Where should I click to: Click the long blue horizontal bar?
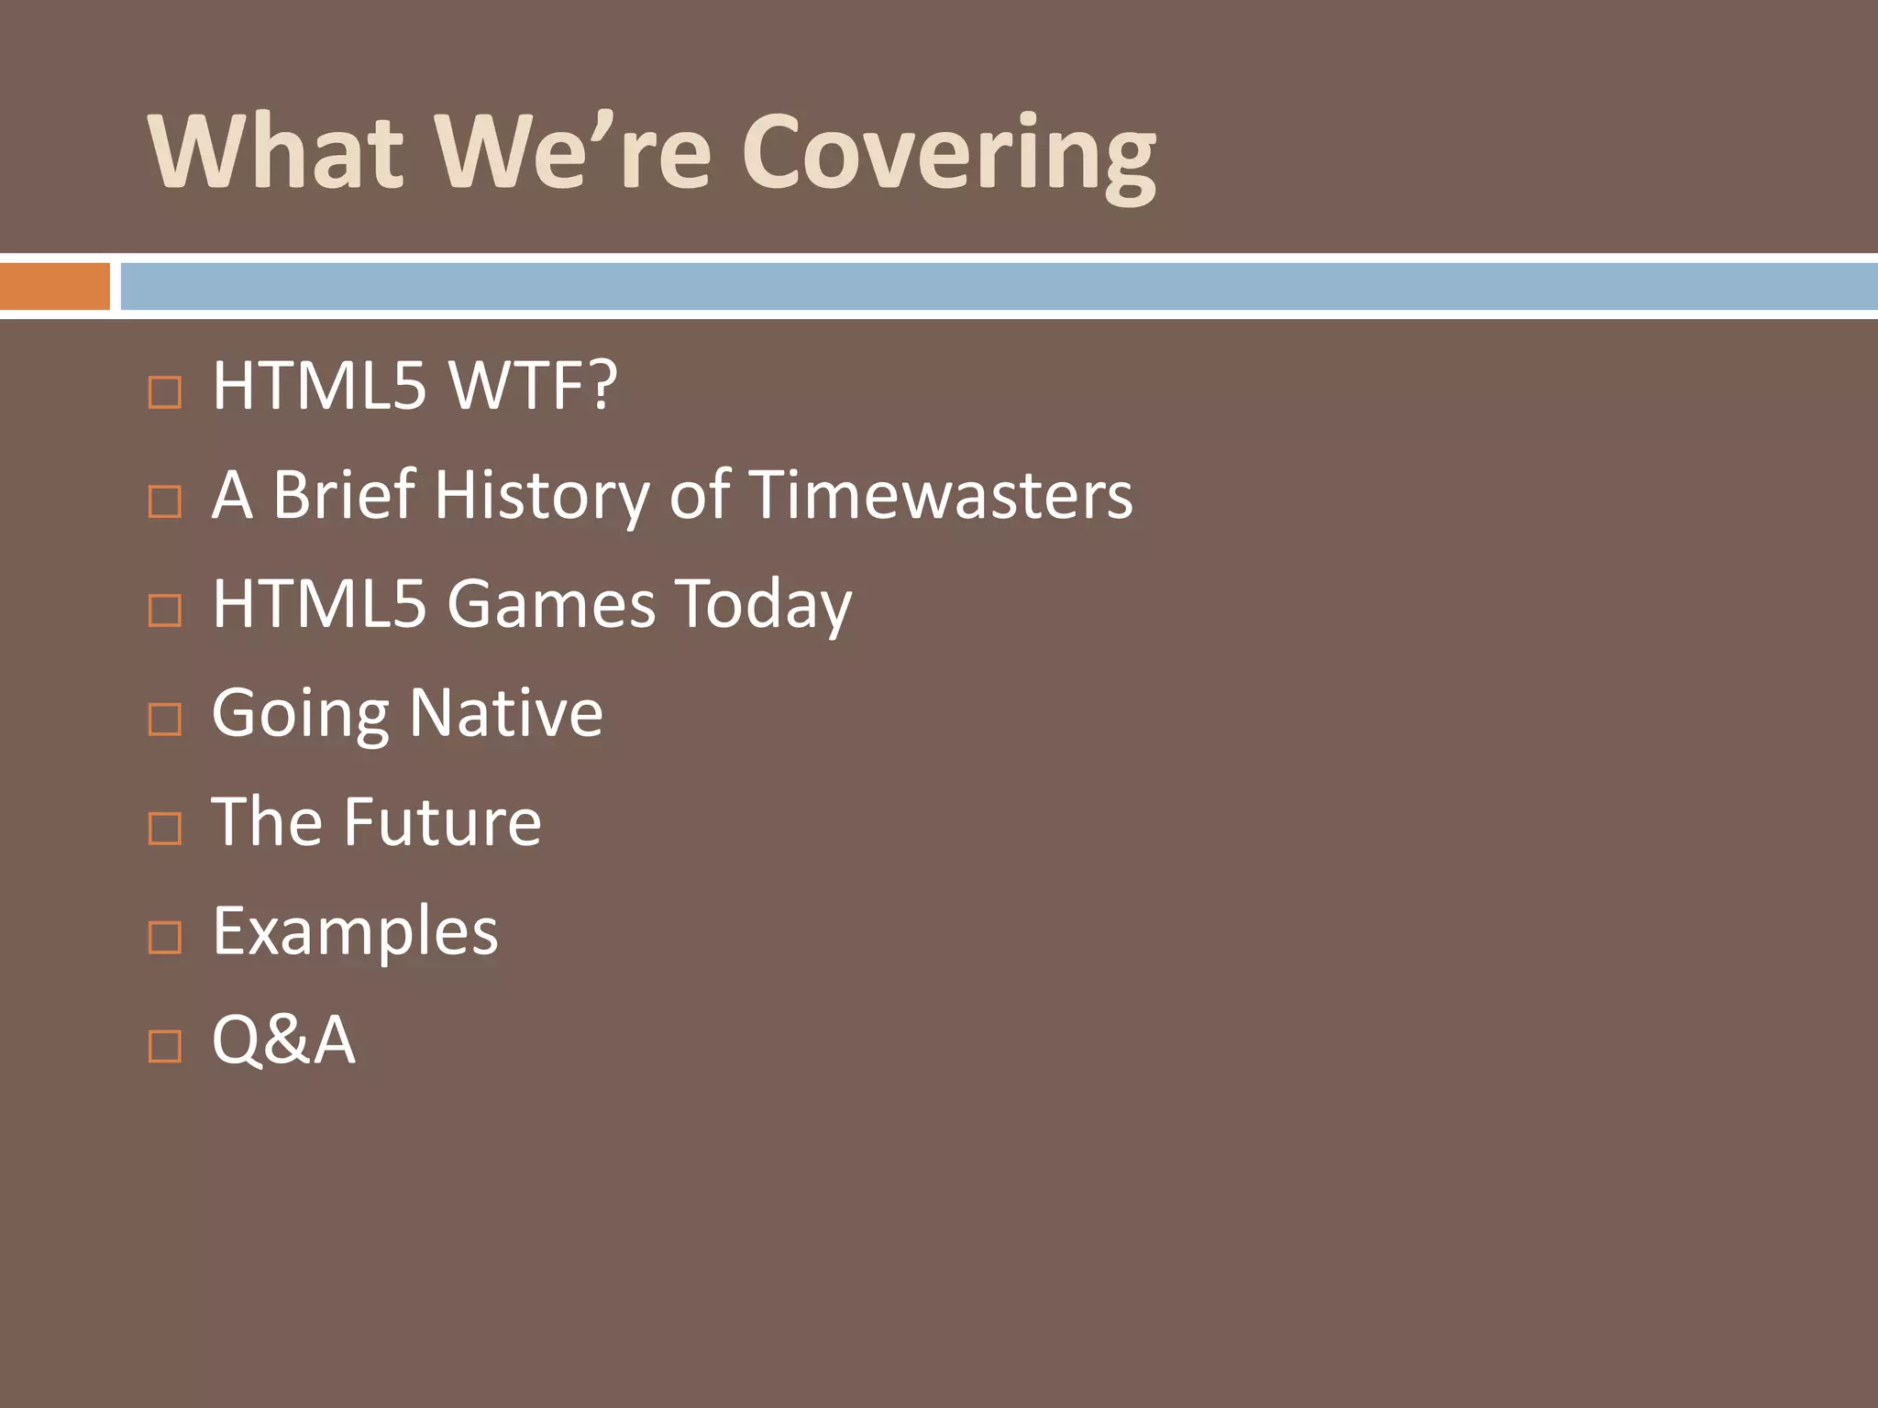tap(998, 286)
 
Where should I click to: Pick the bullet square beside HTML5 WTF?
tap(165, 392)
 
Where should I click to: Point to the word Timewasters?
tap(941, 495)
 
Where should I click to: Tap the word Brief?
tap(344, 495)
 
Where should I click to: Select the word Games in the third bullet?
tap(551, 603)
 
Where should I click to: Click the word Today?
tap(764, 605)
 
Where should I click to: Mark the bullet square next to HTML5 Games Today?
tap(165, 610)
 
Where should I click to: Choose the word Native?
tap(505, 712)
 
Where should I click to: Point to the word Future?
tap(442, 821)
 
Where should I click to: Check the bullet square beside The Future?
tap(165, 828)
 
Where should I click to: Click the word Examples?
tap(355, 931)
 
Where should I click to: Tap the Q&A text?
tap(283, 1039)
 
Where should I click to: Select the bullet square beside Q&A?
tap(165, 1046)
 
